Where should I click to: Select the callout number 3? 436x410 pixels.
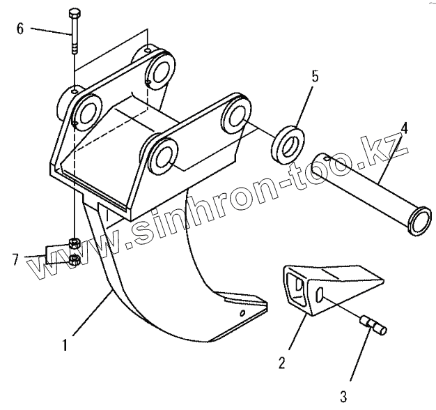point(343,397)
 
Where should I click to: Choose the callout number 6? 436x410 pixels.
point(20,29)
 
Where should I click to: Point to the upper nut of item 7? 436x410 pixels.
point(73,243)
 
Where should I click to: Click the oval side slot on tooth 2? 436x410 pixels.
point(320,296)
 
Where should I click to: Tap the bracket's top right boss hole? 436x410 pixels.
point(163,68)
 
